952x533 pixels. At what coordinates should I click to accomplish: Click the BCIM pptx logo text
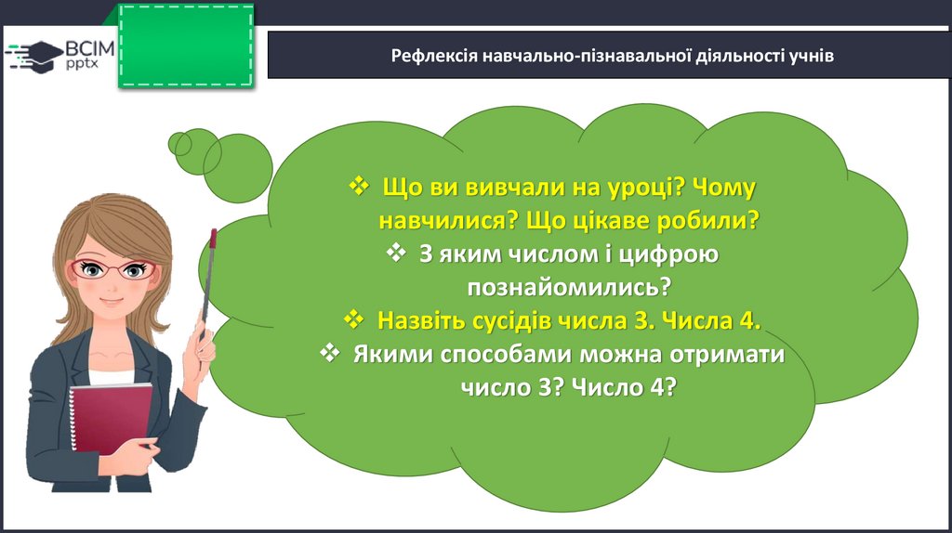click(89, 54)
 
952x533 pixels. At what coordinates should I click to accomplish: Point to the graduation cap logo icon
click(34, 57)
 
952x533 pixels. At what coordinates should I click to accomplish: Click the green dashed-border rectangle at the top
click(186, 45)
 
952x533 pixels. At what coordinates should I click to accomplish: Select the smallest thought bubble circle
click(179, 144)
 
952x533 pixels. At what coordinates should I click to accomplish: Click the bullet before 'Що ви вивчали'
click(359, 186)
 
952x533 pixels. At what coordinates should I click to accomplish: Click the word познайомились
click(569, 287)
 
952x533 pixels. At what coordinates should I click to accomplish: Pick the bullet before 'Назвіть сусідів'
click(353, 318)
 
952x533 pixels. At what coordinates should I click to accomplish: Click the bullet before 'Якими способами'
click(329, 352)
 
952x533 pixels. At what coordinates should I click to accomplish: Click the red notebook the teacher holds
click(112, 419)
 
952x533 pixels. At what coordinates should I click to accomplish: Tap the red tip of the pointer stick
click(213, 239)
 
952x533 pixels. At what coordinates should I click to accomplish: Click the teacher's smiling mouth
click(112, 302)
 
